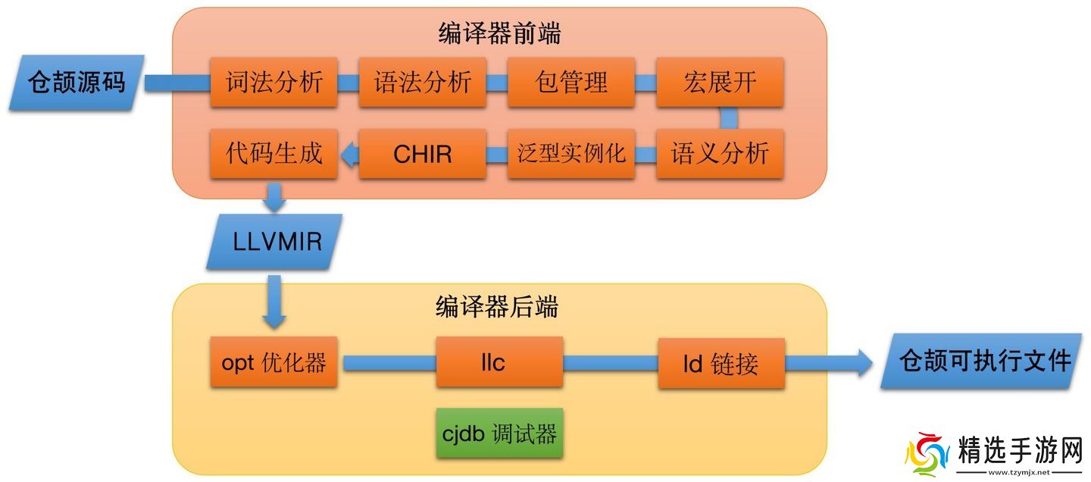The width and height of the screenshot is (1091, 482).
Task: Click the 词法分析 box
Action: [x=274, y=82]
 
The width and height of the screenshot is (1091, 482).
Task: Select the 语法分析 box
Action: [x=422, y=82]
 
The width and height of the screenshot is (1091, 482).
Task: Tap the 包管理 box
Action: [x=571, y=82]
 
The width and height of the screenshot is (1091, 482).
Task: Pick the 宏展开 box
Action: [x=719, y=82]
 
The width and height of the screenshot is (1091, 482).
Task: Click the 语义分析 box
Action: [x=719, y=154]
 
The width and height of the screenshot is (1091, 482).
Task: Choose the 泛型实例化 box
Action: [x=571, y=154]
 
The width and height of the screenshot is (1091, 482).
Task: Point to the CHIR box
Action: [x=422, y=154]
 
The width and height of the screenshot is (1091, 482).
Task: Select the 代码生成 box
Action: [x=274, y=154]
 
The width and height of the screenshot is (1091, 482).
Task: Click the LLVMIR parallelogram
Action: [x=275, y=242]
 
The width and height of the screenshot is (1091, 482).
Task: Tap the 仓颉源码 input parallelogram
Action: [x=77, y=82]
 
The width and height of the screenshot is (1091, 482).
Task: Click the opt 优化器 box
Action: [x=274, y=362]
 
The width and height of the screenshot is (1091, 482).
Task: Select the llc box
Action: [x=499, y=362]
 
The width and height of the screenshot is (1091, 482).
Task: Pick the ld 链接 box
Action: [x=721, y=362]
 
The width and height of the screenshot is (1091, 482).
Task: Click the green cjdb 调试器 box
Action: [x=499, y=433]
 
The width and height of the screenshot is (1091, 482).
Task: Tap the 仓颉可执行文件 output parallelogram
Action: [x=983, y=361]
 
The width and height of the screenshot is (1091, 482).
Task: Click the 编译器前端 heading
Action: [x=499, y=33]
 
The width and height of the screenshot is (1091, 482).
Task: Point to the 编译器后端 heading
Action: [x=497, y=306]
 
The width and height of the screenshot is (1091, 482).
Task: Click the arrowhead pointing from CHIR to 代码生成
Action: [x=349, y=155]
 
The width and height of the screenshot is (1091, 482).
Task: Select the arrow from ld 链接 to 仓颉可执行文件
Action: [x=829, y=362]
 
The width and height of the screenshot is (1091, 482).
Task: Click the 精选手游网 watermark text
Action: [x=1019, y=452]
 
